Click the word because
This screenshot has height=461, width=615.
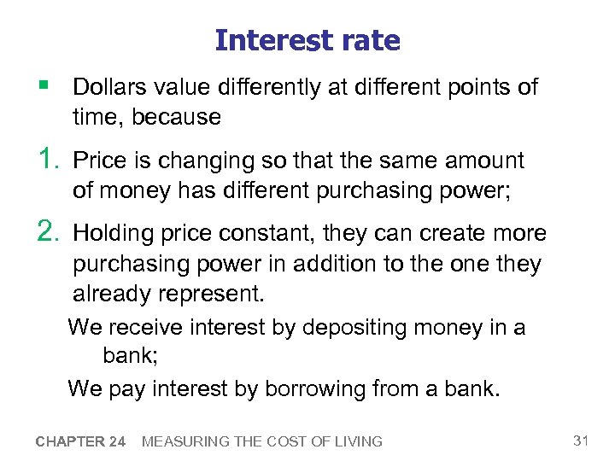178,117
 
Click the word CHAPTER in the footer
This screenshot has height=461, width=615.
68,441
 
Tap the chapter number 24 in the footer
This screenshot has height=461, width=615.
118,441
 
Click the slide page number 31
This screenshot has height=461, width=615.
582,441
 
